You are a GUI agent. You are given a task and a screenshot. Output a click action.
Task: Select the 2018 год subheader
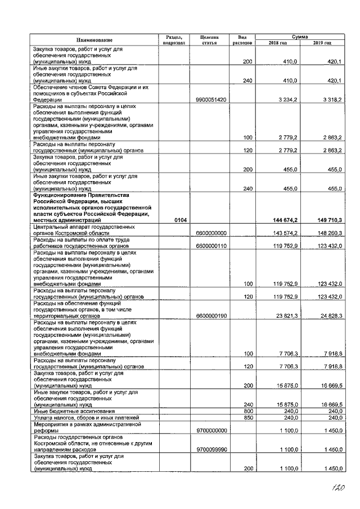(277, 43)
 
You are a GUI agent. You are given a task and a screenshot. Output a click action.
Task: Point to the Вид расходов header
(242, 40)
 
